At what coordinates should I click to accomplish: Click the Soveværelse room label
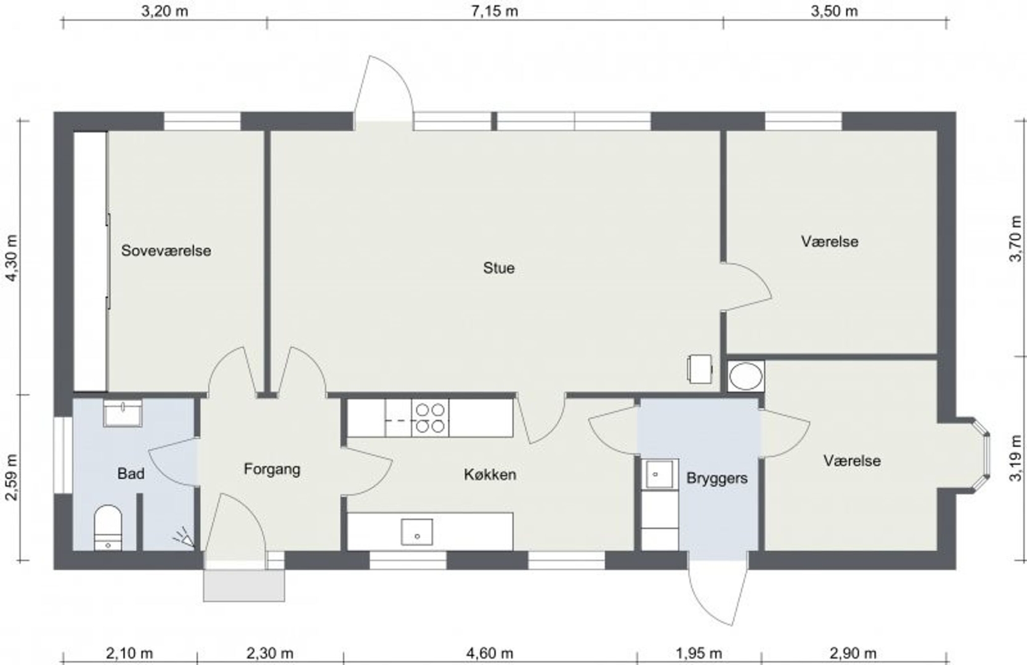click(x=166, y=251)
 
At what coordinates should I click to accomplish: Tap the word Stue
click(x=499, y=268)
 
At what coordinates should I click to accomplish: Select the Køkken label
click(x=490, y=474)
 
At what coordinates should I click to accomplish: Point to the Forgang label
click(x=272, y=469)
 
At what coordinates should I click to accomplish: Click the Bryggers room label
click(x=717, y=478)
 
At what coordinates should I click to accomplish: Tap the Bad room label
click(x=131, y=474)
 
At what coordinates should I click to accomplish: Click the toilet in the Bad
click(x=108, y=528)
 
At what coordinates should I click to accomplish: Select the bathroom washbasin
click(x=123, y=413)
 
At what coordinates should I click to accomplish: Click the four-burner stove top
click(x=430, y=417)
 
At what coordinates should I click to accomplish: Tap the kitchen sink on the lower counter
click(x=416, y=532)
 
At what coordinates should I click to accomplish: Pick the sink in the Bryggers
click(x=659, y=474)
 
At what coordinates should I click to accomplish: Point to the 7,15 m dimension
click(x=495, y=11)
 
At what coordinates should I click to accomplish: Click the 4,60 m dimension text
click(x=490, y=653)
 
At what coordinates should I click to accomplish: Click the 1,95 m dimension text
click(x=699, y=653)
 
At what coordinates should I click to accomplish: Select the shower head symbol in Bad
click(x=184, y=538)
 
